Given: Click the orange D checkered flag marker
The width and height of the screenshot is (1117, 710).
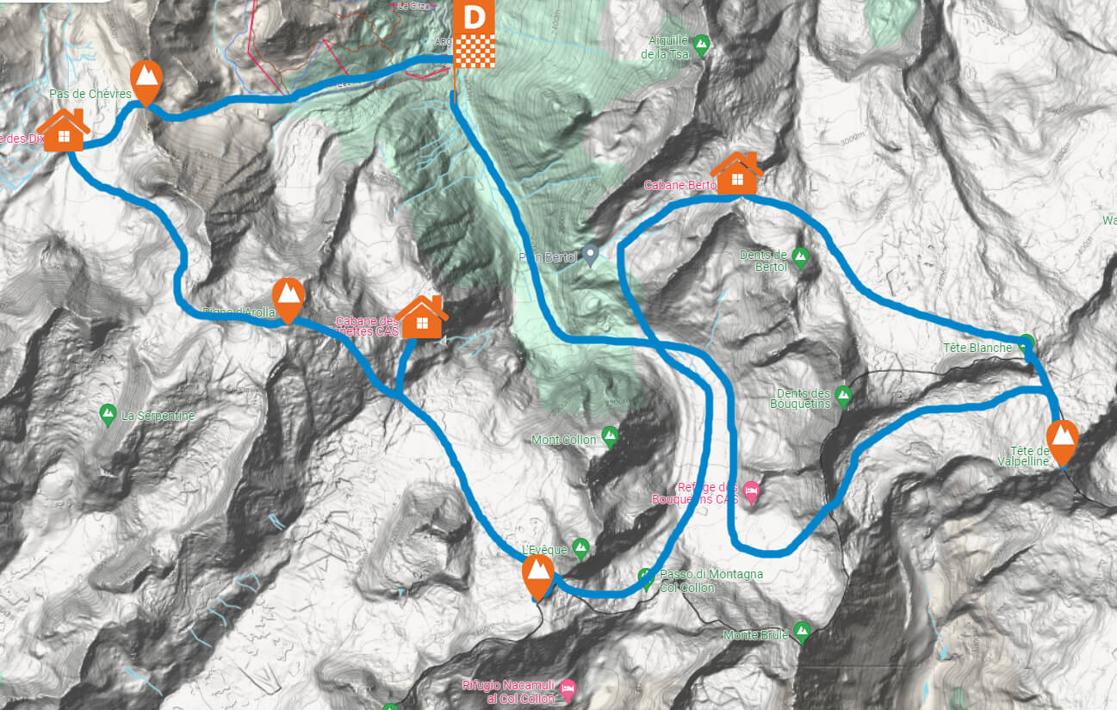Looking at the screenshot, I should [x=473, y=34].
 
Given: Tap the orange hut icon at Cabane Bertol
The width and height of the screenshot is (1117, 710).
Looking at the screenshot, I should [x=737, y=175].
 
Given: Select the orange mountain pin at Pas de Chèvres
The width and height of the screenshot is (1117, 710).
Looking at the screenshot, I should [x=147, y=80].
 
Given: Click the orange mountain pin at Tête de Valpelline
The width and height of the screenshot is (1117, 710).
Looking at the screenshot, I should [x=1064, y=439].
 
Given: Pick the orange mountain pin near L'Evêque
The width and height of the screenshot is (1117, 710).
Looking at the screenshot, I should [x=539, y=574].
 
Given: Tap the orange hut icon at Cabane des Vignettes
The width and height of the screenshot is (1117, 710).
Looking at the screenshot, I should [x=422, y=318].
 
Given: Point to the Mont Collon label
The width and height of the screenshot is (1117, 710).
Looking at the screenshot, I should [x=563, y=440].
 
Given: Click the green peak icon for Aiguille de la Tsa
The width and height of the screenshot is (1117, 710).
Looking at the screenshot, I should [x=701, y=42].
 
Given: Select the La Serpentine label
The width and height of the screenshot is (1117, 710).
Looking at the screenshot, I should [x=158, y=416].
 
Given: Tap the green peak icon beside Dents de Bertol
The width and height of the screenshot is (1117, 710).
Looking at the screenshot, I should [x=800, y=256].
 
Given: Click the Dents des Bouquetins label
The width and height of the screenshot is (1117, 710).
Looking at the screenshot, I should [x=800, y=398].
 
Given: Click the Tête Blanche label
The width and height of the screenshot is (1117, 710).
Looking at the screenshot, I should [x=977, y=348].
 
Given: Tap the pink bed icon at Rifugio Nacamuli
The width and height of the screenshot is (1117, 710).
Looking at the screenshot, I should [x=568, y=688].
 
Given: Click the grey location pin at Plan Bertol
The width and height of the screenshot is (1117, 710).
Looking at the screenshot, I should [x=590, y=254].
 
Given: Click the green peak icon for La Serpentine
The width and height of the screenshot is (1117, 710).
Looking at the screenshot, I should [x=109, y=414].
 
